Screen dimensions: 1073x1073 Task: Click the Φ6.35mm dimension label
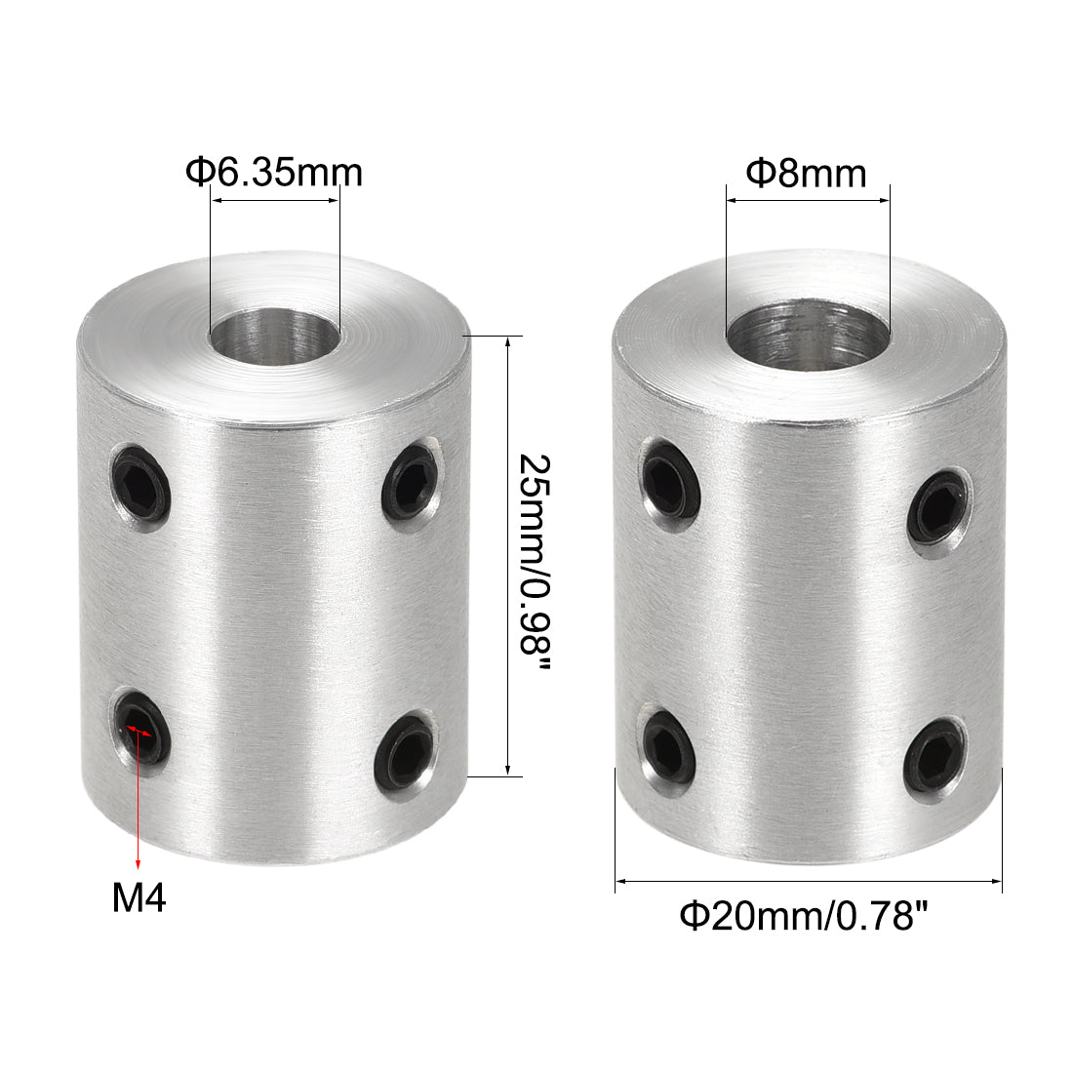pyautogui.click(x=274, y=173)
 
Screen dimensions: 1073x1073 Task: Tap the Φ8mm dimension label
pyautogui.click(x=807, y=174)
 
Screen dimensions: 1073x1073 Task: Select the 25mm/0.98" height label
pyautogui.click(x=536, y=557)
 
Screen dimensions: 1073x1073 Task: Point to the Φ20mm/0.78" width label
pyautogui.click(x=803, y=916)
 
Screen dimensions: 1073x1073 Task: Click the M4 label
pyautogui.click(x=139, y=898)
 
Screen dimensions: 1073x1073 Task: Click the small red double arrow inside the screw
pyautogui.click(x=139, y=730)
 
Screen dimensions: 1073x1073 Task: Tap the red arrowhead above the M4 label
pyautogui.click(x=139, y=862)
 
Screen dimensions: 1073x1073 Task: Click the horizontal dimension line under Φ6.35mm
pyautogui.click(x=275, y=201)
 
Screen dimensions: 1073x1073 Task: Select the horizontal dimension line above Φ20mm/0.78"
pyautogui.click(x=809, y=882)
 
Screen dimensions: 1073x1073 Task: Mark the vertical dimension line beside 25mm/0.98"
pyautogui.click(x=508, y=556)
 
